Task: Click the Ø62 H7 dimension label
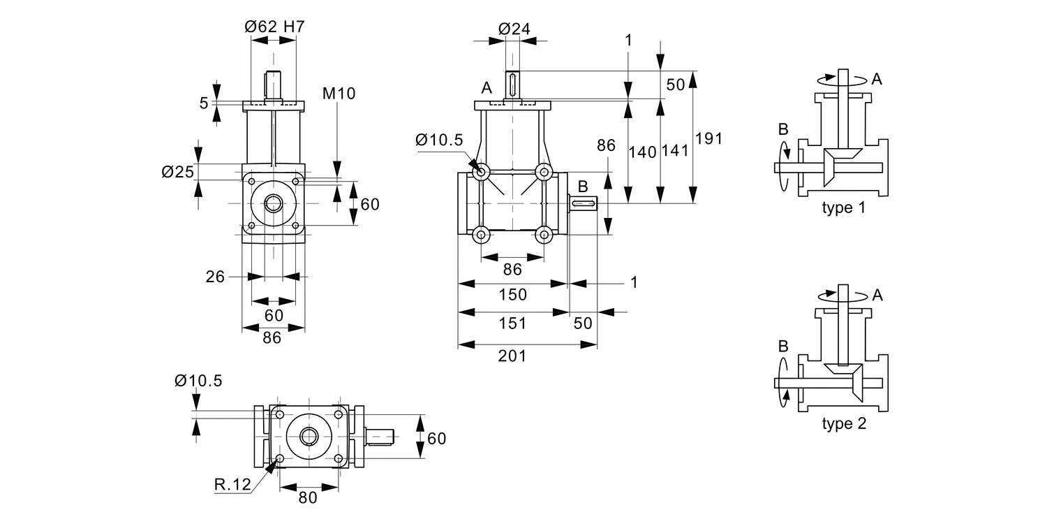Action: (x=274, y=27)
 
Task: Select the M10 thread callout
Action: (x=339, y=94)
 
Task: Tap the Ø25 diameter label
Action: (x=177, y=172)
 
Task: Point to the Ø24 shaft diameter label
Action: (x=514, y=29)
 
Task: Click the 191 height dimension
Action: (x=708, y=138)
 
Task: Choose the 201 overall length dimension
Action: (x=512, y=356)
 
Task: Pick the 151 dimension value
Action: (x=513, y=323)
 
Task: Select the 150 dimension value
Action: (x=513, y=294)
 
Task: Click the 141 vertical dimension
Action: (x=675, y=151)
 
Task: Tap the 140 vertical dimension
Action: (x=642, y=152)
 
